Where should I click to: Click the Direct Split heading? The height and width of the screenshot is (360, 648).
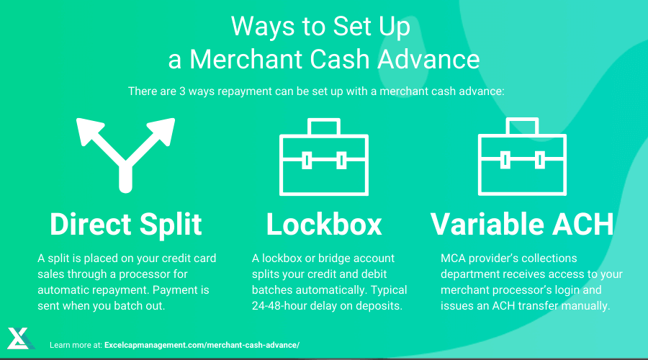125,225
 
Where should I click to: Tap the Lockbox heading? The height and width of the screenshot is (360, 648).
324,225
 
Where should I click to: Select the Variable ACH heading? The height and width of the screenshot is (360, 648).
522,225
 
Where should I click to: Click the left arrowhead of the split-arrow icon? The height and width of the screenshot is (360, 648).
89,130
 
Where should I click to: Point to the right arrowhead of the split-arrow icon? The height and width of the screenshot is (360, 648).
162,130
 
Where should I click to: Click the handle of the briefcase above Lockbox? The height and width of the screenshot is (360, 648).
324,126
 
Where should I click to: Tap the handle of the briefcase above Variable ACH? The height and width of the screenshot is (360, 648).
522,126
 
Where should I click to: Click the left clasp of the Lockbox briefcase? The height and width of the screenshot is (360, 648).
307,161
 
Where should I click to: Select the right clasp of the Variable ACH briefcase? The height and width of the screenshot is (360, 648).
539,160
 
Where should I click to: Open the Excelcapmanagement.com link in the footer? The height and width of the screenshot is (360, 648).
202,345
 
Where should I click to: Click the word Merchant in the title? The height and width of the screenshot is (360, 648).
246,59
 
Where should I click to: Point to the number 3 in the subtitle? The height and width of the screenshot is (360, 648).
182,91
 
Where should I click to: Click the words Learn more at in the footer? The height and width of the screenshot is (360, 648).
76,345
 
